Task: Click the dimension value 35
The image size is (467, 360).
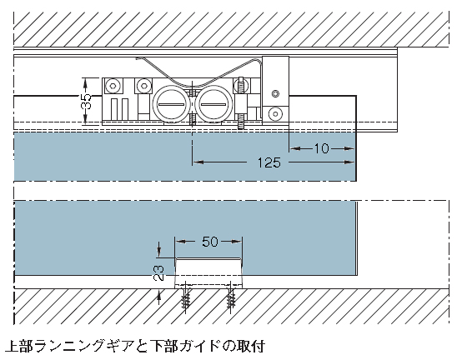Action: coord(87,102)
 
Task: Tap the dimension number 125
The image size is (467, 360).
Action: coord(269,162)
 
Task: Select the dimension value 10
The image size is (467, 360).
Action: coord(322,148)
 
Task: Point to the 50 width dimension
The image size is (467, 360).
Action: coord(210,242)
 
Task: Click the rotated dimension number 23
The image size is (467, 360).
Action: coord(158,272)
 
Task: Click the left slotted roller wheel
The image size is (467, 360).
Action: coord(170,104)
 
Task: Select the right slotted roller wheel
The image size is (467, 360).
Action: coord(213,104)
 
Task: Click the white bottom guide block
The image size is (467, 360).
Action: coord(208,273)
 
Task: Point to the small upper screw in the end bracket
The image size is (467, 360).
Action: coord(275,93)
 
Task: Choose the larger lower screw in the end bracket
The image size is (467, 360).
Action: coord(275,114)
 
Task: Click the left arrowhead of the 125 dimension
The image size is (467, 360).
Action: coord(198,162)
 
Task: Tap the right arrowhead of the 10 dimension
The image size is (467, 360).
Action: coord(349,148)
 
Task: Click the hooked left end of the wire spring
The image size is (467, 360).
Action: coord(138,58)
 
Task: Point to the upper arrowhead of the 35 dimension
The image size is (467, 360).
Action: coord(85,83)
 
